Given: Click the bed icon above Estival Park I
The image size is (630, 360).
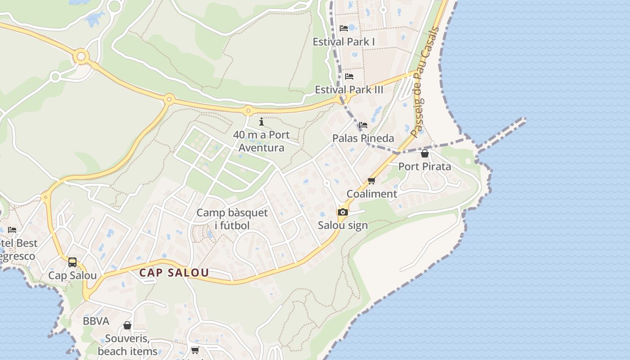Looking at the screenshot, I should tap(344, 28).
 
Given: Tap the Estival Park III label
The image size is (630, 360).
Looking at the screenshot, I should tap(349, 90).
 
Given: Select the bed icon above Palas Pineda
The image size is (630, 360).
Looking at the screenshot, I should tap(363, 125).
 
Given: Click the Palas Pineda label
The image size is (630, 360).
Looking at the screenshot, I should tap(363, 138).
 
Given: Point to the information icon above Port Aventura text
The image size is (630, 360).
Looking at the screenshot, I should tap(261, 121).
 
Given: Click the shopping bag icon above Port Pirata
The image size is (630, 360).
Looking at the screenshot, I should tap(424, 153).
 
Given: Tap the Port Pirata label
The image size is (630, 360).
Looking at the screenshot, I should tap(424, 166).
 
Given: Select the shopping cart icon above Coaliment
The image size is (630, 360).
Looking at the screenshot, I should tap(371, 181).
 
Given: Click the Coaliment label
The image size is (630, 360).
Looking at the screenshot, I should tap(372, 194).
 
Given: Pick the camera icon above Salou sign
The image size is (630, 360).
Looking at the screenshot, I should tap(343, 212).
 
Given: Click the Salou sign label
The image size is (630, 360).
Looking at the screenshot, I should tap(343, 225).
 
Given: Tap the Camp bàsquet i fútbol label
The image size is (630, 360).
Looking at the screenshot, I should tap(232, 219).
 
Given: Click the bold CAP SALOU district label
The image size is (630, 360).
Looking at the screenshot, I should tap(174, 273).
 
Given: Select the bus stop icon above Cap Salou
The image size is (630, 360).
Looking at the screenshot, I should tap(72, 262).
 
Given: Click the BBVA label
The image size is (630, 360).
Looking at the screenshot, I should tap(96, 321).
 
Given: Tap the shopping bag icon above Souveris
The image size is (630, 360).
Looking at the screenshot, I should tap(127, 325).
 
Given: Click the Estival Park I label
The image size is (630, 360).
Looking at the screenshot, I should tap(344, 42).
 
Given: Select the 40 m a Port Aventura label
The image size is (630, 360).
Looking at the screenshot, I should tap(261, 141).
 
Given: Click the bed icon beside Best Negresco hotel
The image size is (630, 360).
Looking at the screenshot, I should tap(12, 229).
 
